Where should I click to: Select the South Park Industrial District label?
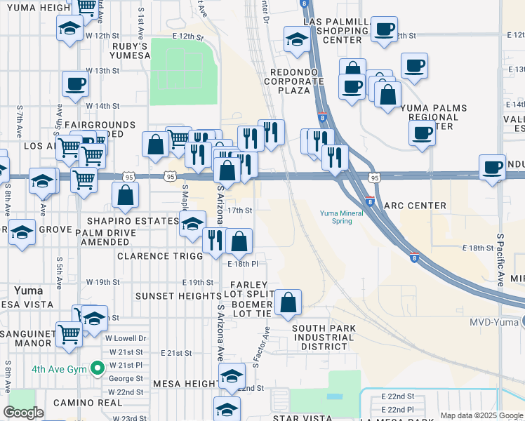pos(324,338)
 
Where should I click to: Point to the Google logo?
pos(23,413)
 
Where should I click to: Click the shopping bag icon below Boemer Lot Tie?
pos(288,303)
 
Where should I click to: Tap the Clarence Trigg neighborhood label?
pos(160,256)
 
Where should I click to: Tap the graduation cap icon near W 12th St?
pos(69,29)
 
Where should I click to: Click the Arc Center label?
pos(416,206)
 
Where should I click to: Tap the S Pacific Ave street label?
pos(500,260)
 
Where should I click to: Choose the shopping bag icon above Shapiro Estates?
pos(125,196)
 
